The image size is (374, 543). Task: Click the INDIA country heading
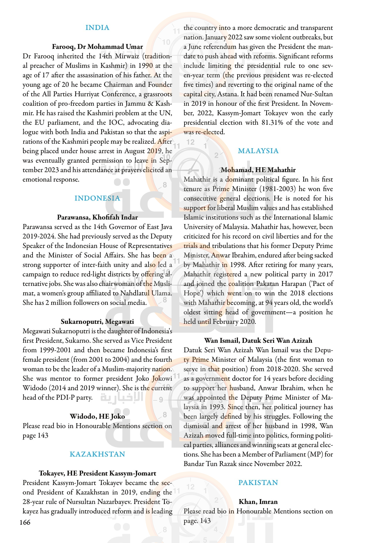[x=97, y=28]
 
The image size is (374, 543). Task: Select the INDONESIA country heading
[x=97, y=198]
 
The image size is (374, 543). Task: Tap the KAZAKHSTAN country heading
[x=97, y=454]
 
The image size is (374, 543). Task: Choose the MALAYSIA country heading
[x=258, y=151]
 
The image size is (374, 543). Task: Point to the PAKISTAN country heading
[x=258, y=483]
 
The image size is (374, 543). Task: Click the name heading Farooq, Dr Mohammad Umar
[x=97, y=47]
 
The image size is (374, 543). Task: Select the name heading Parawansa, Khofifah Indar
[x=97, y=217]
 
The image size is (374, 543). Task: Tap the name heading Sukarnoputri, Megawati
[x=97, y=321]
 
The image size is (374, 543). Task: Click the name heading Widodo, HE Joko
[x=97, y=416]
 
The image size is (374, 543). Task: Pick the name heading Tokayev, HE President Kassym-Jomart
[x=97, y=473]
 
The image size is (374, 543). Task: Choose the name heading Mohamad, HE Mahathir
[x=258, y=170]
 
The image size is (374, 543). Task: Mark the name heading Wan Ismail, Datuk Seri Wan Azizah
[x=258, y=340]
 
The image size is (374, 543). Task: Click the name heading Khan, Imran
[x=258, y=502]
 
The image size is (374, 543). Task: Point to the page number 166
[x=25, y=522]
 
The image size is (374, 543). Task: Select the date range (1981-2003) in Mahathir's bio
[x=276, y=189]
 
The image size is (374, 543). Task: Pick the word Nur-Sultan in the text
[x=316, y=94]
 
